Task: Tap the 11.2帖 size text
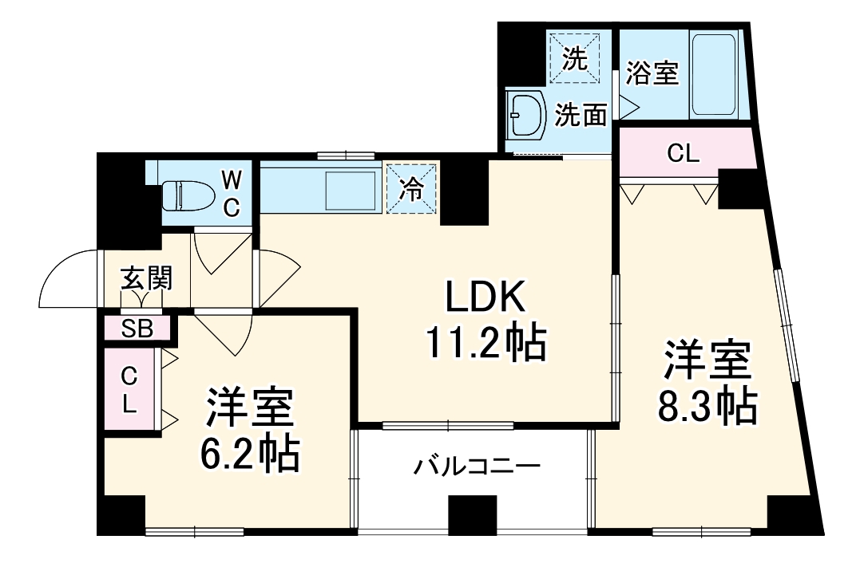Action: pos(485,344)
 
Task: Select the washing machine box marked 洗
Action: pos(573,56)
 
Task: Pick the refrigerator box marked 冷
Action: pos(412,188)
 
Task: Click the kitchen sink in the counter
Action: pos(350,190)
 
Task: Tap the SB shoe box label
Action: pos(137,329)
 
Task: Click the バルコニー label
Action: pos(477,465)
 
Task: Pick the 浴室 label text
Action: pos(652,73)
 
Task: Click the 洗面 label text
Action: pos(581,116)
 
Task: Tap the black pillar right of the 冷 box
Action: pos(463,191)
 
